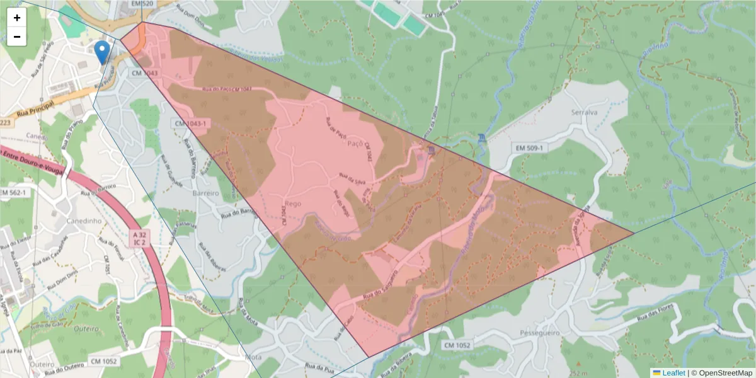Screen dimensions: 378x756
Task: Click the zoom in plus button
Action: (17, 18)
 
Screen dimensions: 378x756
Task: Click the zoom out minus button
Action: (17, 37)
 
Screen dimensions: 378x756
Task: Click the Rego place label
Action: (294, 203)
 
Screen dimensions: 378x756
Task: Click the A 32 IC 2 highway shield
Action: (140, 238)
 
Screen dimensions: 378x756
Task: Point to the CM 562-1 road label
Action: (14, 192)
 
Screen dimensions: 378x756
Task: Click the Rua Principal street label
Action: (34, 112)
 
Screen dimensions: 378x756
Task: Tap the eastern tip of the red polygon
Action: (633, 234)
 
